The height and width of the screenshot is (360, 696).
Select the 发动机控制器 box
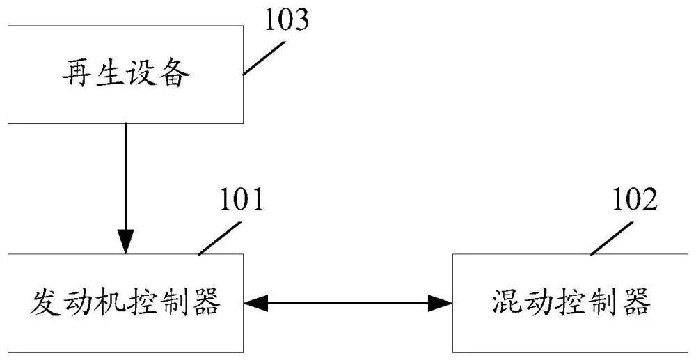pyautogui.click(x=125, y=302)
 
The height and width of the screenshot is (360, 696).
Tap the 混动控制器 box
pyautogui.click(x=570, y=302)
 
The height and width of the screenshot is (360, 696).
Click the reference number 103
pyautogui.click(x=285, y=20)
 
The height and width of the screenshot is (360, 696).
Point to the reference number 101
pyautogui.click(x=242, y=202)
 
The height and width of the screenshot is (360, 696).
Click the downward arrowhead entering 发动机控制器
pyautogui.click(x=125, y=243)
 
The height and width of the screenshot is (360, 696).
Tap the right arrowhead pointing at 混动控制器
pyautogui.click(x=440, y=302)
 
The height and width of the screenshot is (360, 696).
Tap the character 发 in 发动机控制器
pyautogui.click(x=43, y=303)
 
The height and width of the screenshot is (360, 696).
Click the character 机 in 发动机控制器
pyautogui.click(x=109, y=303)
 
